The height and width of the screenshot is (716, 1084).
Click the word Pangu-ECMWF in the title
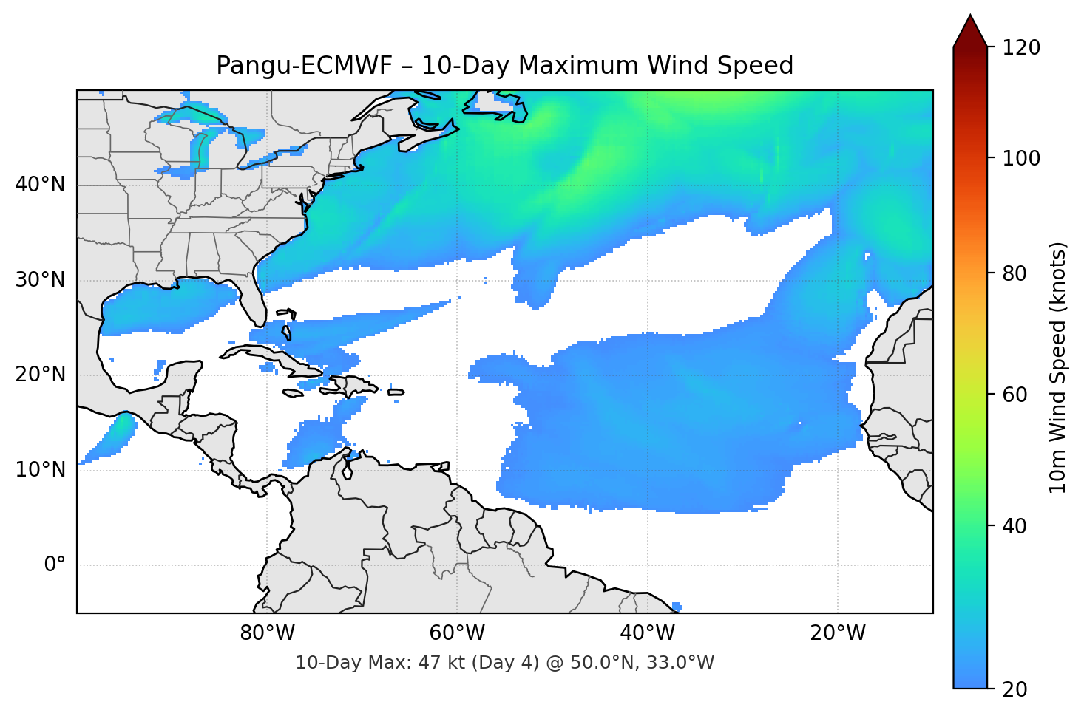(x=303, y=66)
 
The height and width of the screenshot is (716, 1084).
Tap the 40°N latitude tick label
(x=40, y=185)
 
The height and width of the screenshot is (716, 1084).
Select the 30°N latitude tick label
(x=40, y=280)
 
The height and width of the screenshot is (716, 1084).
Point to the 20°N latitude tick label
(x=40, y=375)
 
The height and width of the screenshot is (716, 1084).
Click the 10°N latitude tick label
(x=40, y=470)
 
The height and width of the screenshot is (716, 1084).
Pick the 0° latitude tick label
(x=55, y=565)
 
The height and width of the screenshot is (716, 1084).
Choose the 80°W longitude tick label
(x=267, y=633)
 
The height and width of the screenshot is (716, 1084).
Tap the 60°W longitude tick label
(x=457, y=633)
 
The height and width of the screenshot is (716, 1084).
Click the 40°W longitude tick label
(x=647, y=633)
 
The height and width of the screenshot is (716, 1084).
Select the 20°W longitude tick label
(x=837, y=633)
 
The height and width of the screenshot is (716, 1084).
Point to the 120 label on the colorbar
(x=1021, y=48)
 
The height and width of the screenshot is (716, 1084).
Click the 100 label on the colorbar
(x=1021, y=158)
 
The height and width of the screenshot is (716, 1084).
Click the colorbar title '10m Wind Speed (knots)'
(x=1058, y=368)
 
